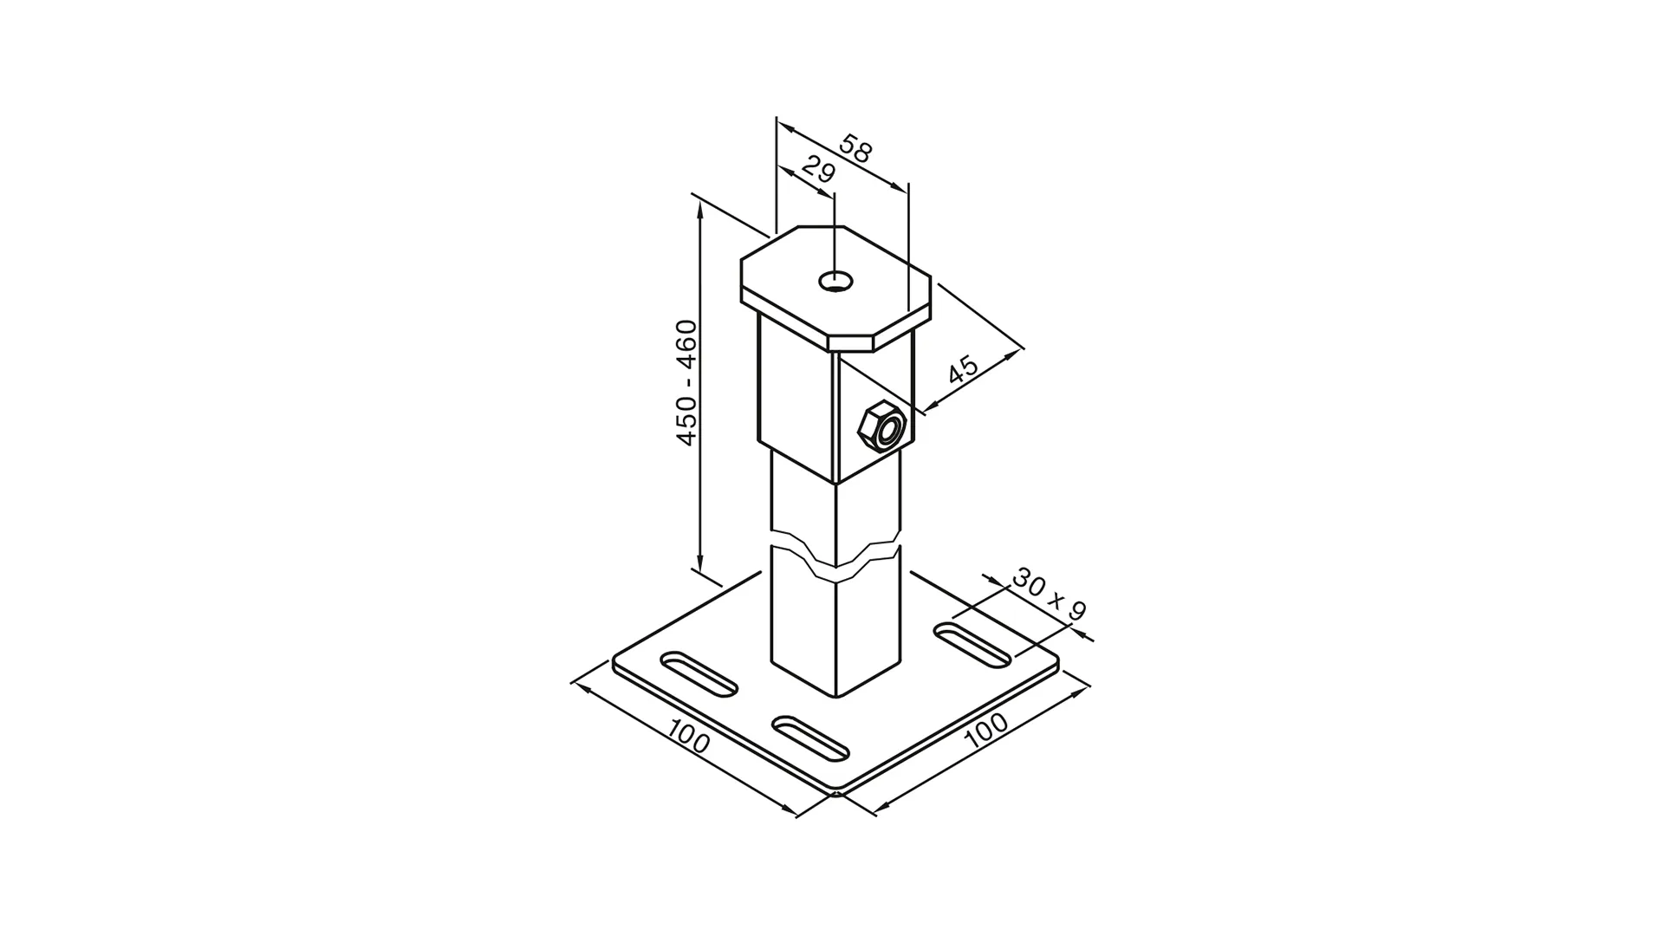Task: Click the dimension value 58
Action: pyautogui.click(x=855, y=150)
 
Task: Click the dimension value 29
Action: pyautogui.click(x=817, y=171)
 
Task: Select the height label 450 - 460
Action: pyautogui.click(x=686, y=383)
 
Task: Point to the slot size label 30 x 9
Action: pyautogui.click(x=1048, y=595)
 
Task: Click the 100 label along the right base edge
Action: pyautogui.click(x=986, y=730)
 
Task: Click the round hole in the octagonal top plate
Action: pyautogui.click(x=836, y=281)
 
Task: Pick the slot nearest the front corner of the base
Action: pyautogui.click(x=810, y=738)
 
